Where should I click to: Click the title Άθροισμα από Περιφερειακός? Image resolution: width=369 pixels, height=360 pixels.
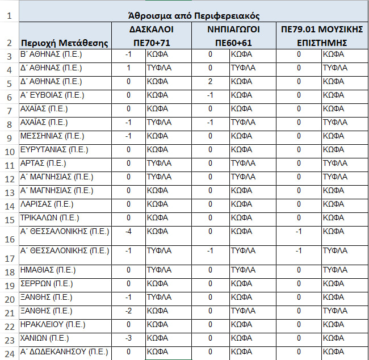pyautogui.click(x=192, y=14)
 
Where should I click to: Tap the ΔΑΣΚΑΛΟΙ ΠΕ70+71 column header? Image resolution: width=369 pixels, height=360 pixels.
pyautogui.click(x=151, y=35)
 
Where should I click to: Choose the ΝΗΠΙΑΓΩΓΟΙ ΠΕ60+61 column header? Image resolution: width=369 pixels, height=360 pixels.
pyautogui.click(x=233, y=35)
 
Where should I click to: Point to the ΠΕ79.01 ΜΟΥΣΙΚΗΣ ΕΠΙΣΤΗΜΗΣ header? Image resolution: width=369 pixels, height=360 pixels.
pyautogui.click(x=321, y=35)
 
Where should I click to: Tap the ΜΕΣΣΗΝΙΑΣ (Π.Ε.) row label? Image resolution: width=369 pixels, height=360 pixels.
pyautogui.click(x=52, y=136)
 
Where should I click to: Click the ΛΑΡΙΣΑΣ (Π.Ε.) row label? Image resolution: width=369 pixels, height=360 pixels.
pyautogui.click(x=49, y=203)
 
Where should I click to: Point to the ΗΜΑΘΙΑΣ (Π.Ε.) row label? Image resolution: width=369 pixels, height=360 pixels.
pyautogui.click(x=48, y=270)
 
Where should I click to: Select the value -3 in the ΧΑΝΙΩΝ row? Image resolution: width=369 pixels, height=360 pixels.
pyautogui.click(x=129, y=338)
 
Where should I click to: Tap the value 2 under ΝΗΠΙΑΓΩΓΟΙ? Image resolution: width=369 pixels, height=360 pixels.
pyautogui.click(x=210, y=81)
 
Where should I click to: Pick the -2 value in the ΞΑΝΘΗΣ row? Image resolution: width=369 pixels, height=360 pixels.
pyautogui.click(x=129, y=311)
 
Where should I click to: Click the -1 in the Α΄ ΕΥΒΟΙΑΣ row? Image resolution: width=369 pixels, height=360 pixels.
pyautogui.click(x=210, y=95)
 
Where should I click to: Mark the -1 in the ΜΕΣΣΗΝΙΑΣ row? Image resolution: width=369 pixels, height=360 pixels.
pyautogui.click(x=129, y=136)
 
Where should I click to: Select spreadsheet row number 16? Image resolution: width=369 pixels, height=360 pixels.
pyautogui.click(x=9, y=239)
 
